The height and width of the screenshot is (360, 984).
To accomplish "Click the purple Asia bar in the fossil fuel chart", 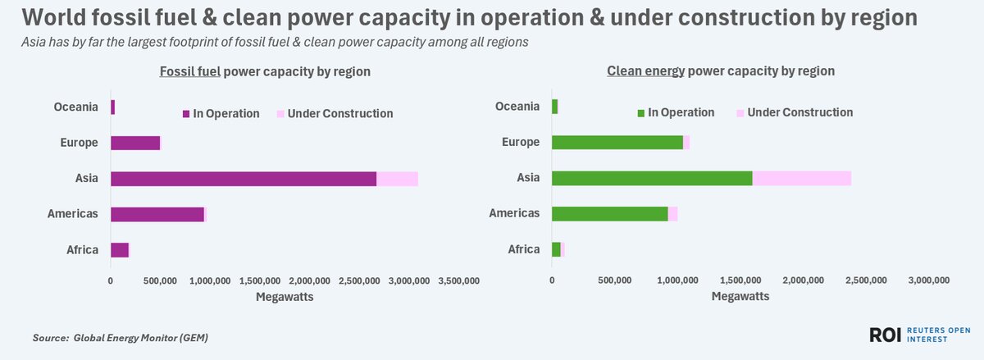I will click(244, 179).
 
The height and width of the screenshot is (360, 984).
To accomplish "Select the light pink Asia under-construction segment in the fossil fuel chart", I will click(397, 179).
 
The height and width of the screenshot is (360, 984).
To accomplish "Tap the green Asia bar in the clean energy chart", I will click(652, 179).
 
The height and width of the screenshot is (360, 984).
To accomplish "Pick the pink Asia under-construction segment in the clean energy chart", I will click(802, 179).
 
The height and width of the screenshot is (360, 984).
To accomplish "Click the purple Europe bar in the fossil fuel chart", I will click(135, 143).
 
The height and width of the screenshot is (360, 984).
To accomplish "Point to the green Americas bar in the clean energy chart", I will click(609, 214).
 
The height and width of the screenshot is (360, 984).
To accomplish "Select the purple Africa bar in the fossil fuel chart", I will click(120, 250).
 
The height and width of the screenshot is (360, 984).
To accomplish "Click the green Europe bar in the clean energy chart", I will click(617, 143).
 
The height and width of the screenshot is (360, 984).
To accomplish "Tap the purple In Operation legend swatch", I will click(185, 114).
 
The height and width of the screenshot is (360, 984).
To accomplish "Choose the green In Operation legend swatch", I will click(640, 113).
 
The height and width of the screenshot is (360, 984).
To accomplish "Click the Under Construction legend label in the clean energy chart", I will click(800, 112).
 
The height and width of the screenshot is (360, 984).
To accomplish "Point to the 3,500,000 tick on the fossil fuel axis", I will click(458, 281).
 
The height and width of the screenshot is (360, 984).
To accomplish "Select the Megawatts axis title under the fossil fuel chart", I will click(285, 297).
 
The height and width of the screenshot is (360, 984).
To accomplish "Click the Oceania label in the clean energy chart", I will click(517, 107).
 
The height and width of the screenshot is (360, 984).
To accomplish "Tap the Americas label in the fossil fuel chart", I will click(72, 214).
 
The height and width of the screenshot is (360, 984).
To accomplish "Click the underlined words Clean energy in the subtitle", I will click(645, 71).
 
